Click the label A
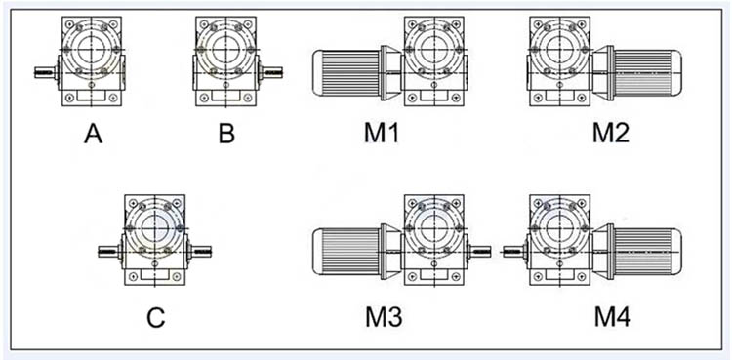tap(94, 135)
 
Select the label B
tap(226, 135)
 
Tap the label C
tap(155, 318)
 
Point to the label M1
tap(382, 135)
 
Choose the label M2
tap(611, 135)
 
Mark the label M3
tap(384, 318)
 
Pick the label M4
tap(613, 318)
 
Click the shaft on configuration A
tap(46, 73)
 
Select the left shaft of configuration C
tap(110, 251)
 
